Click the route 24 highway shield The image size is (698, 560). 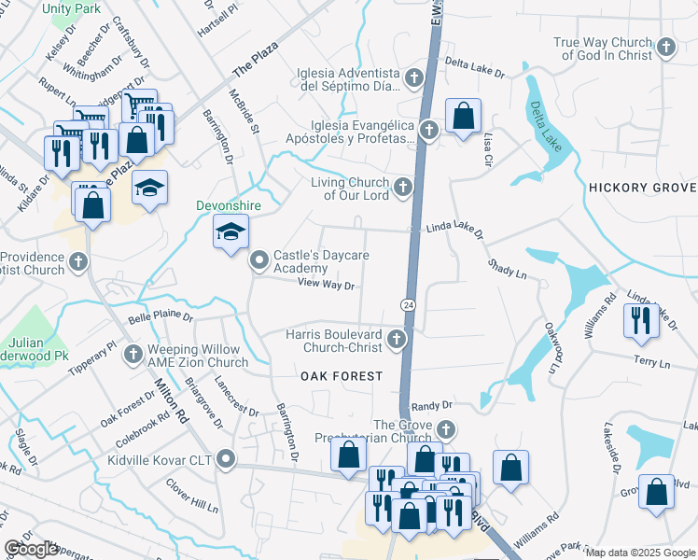coord(408,305)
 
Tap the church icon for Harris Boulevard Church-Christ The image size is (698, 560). coord(398,339)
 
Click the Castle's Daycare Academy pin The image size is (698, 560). coord(259,262)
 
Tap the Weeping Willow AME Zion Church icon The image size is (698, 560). coord(133,355)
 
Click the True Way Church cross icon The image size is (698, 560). coord(665,47)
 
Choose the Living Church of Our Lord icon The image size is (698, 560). coord(403,188)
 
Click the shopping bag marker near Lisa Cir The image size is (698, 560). coord(463,117)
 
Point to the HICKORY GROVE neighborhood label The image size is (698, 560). coord(643,188)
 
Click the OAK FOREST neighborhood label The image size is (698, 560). coord(342,375)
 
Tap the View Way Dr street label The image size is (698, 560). coord(327,284)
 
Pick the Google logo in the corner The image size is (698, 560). coord(31,549)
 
